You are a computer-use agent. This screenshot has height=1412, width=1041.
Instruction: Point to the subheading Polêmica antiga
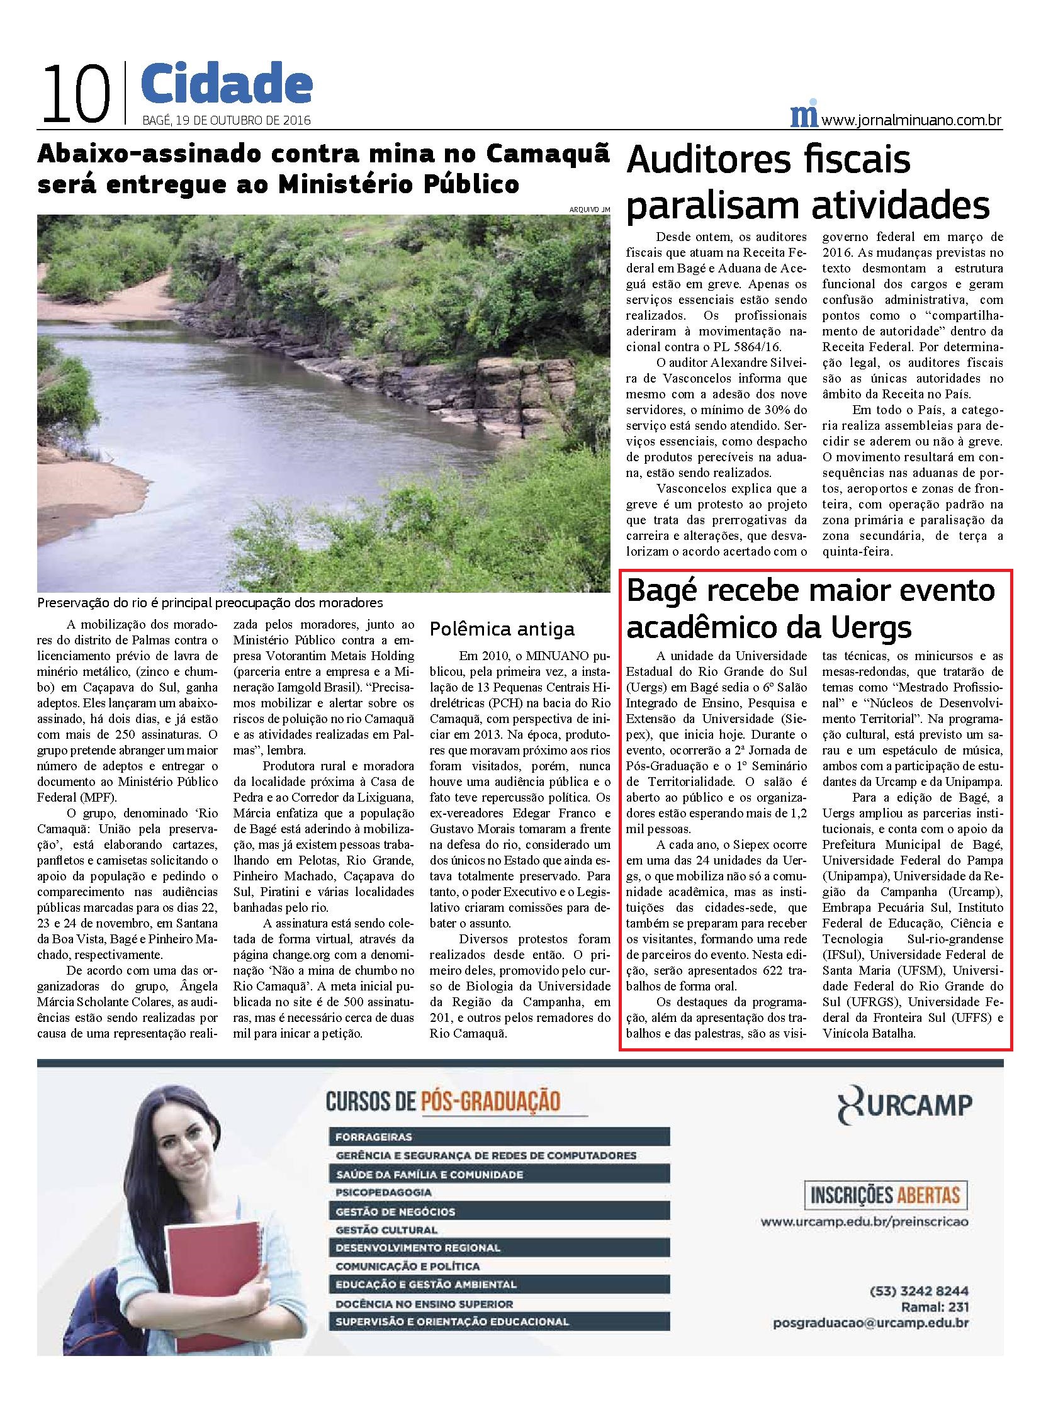pos(502,629)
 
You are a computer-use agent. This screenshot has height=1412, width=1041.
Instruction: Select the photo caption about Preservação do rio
pos(210,602)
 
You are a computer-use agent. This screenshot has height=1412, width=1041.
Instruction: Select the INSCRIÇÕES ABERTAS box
pos(885,1196)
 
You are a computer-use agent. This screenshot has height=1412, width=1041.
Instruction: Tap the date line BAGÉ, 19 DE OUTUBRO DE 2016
pos(227,120)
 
